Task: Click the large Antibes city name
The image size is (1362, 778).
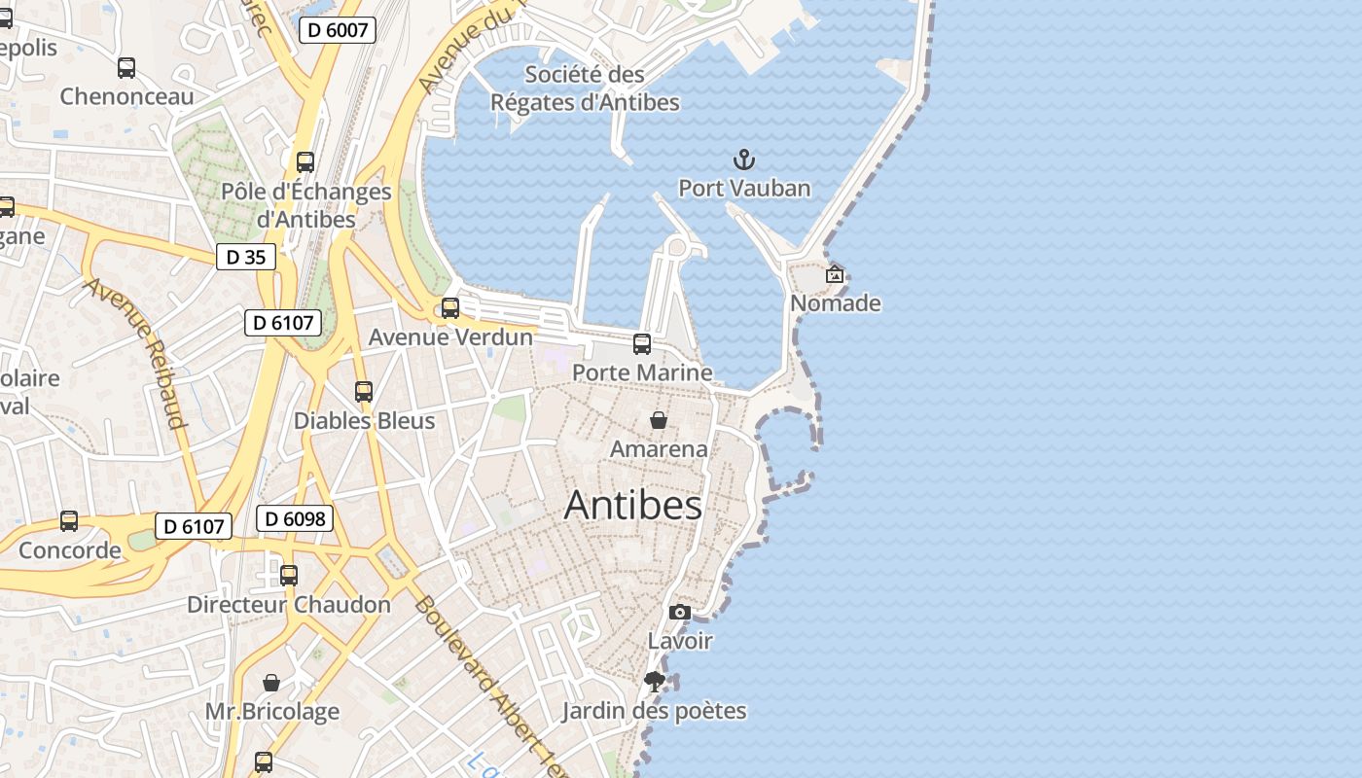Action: (x=632, y=505)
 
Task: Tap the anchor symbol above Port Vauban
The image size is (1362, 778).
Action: (x=744, y=159)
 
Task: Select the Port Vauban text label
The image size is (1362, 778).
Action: (x=744, y=188)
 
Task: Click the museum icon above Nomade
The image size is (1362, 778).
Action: (x=835, y=274)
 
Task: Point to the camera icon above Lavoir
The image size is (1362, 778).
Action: (x=680, y=612)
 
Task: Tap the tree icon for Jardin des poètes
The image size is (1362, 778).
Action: (x=655, y=681)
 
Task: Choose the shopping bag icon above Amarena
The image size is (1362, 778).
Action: (x=659, y=420)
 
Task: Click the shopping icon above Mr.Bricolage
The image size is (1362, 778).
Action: (x=271, y=683)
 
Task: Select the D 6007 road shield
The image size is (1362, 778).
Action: (x=337, y=30)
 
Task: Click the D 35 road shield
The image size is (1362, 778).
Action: (x=245, y=257)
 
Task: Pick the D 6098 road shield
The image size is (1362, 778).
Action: (x=295, y=518)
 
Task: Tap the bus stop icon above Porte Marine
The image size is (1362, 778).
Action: (x=642, y=343)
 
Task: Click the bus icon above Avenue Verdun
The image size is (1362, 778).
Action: (x=450, y=308)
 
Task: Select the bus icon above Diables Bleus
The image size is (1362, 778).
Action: (x=364, y=392)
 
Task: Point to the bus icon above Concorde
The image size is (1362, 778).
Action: (x=69, y=521)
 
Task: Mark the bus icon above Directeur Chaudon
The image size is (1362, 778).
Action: (x=289, y=575)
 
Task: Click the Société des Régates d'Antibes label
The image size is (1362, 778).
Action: (x=585, y=88)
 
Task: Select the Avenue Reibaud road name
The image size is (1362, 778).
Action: (x=135, y=353)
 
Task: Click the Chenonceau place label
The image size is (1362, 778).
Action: (x=126, y=96)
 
